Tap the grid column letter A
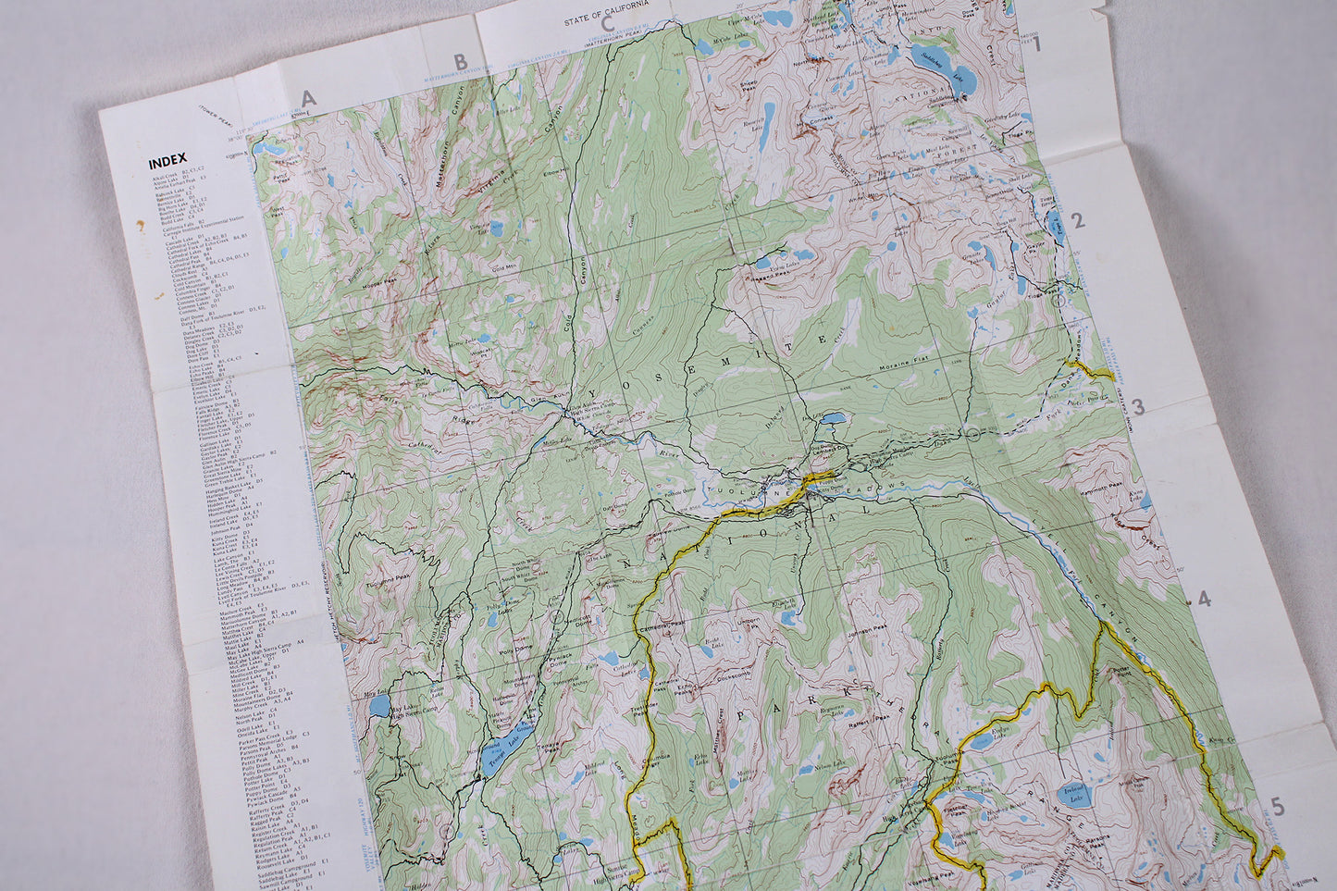[309, 98]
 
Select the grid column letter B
[460, 63]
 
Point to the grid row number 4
[1204, 600]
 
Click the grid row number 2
[1077, 220]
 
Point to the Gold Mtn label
[505, 268]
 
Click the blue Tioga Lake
[1056, 222]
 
